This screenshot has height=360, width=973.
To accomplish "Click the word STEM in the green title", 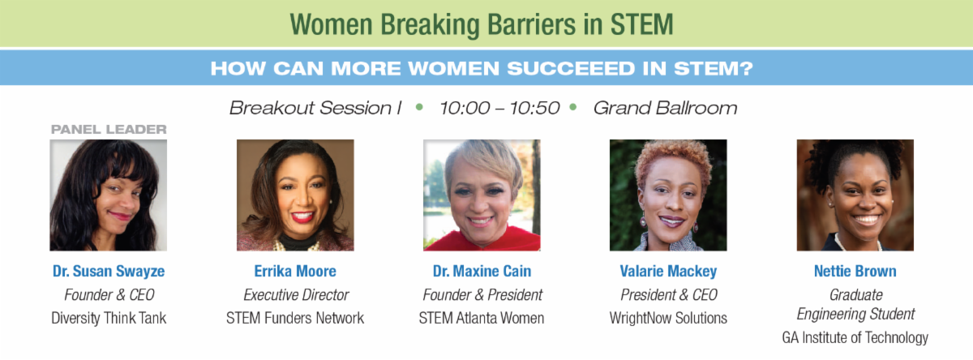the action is [641, 24].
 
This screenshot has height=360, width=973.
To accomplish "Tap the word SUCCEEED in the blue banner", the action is [571, 69].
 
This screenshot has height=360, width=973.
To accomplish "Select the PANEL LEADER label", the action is [109, 130].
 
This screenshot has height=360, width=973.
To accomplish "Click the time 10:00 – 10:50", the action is [499, 108].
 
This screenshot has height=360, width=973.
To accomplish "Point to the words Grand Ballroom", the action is [666, 108].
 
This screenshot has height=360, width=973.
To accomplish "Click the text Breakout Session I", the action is [315, 108].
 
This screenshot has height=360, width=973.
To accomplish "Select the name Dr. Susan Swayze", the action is [109, 272].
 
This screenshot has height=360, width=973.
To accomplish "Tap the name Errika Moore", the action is [295, 272].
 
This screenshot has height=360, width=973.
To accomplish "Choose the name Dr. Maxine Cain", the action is [482, 272].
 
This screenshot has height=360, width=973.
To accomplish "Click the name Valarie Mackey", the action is [668, 272].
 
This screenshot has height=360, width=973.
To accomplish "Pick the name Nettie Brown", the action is [855, 272].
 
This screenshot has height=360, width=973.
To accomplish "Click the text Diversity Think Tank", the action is [109, 319].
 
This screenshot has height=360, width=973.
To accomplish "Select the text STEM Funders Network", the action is [295, 319].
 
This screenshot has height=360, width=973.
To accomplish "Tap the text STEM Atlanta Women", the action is [482, 319].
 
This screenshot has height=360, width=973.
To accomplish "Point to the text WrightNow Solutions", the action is [668, 319].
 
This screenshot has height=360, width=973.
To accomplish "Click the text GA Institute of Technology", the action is [855, 338].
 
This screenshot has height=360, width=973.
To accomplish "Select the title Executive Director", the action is [296, 295].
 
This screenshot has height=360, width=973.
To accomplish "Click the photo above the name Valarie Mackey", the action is [668, 195].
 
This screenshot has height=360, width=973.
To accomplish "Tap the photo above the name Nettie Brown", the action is [855, 195].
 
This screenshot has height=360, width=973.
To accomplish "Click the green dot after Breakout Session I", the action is [419, 107].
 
